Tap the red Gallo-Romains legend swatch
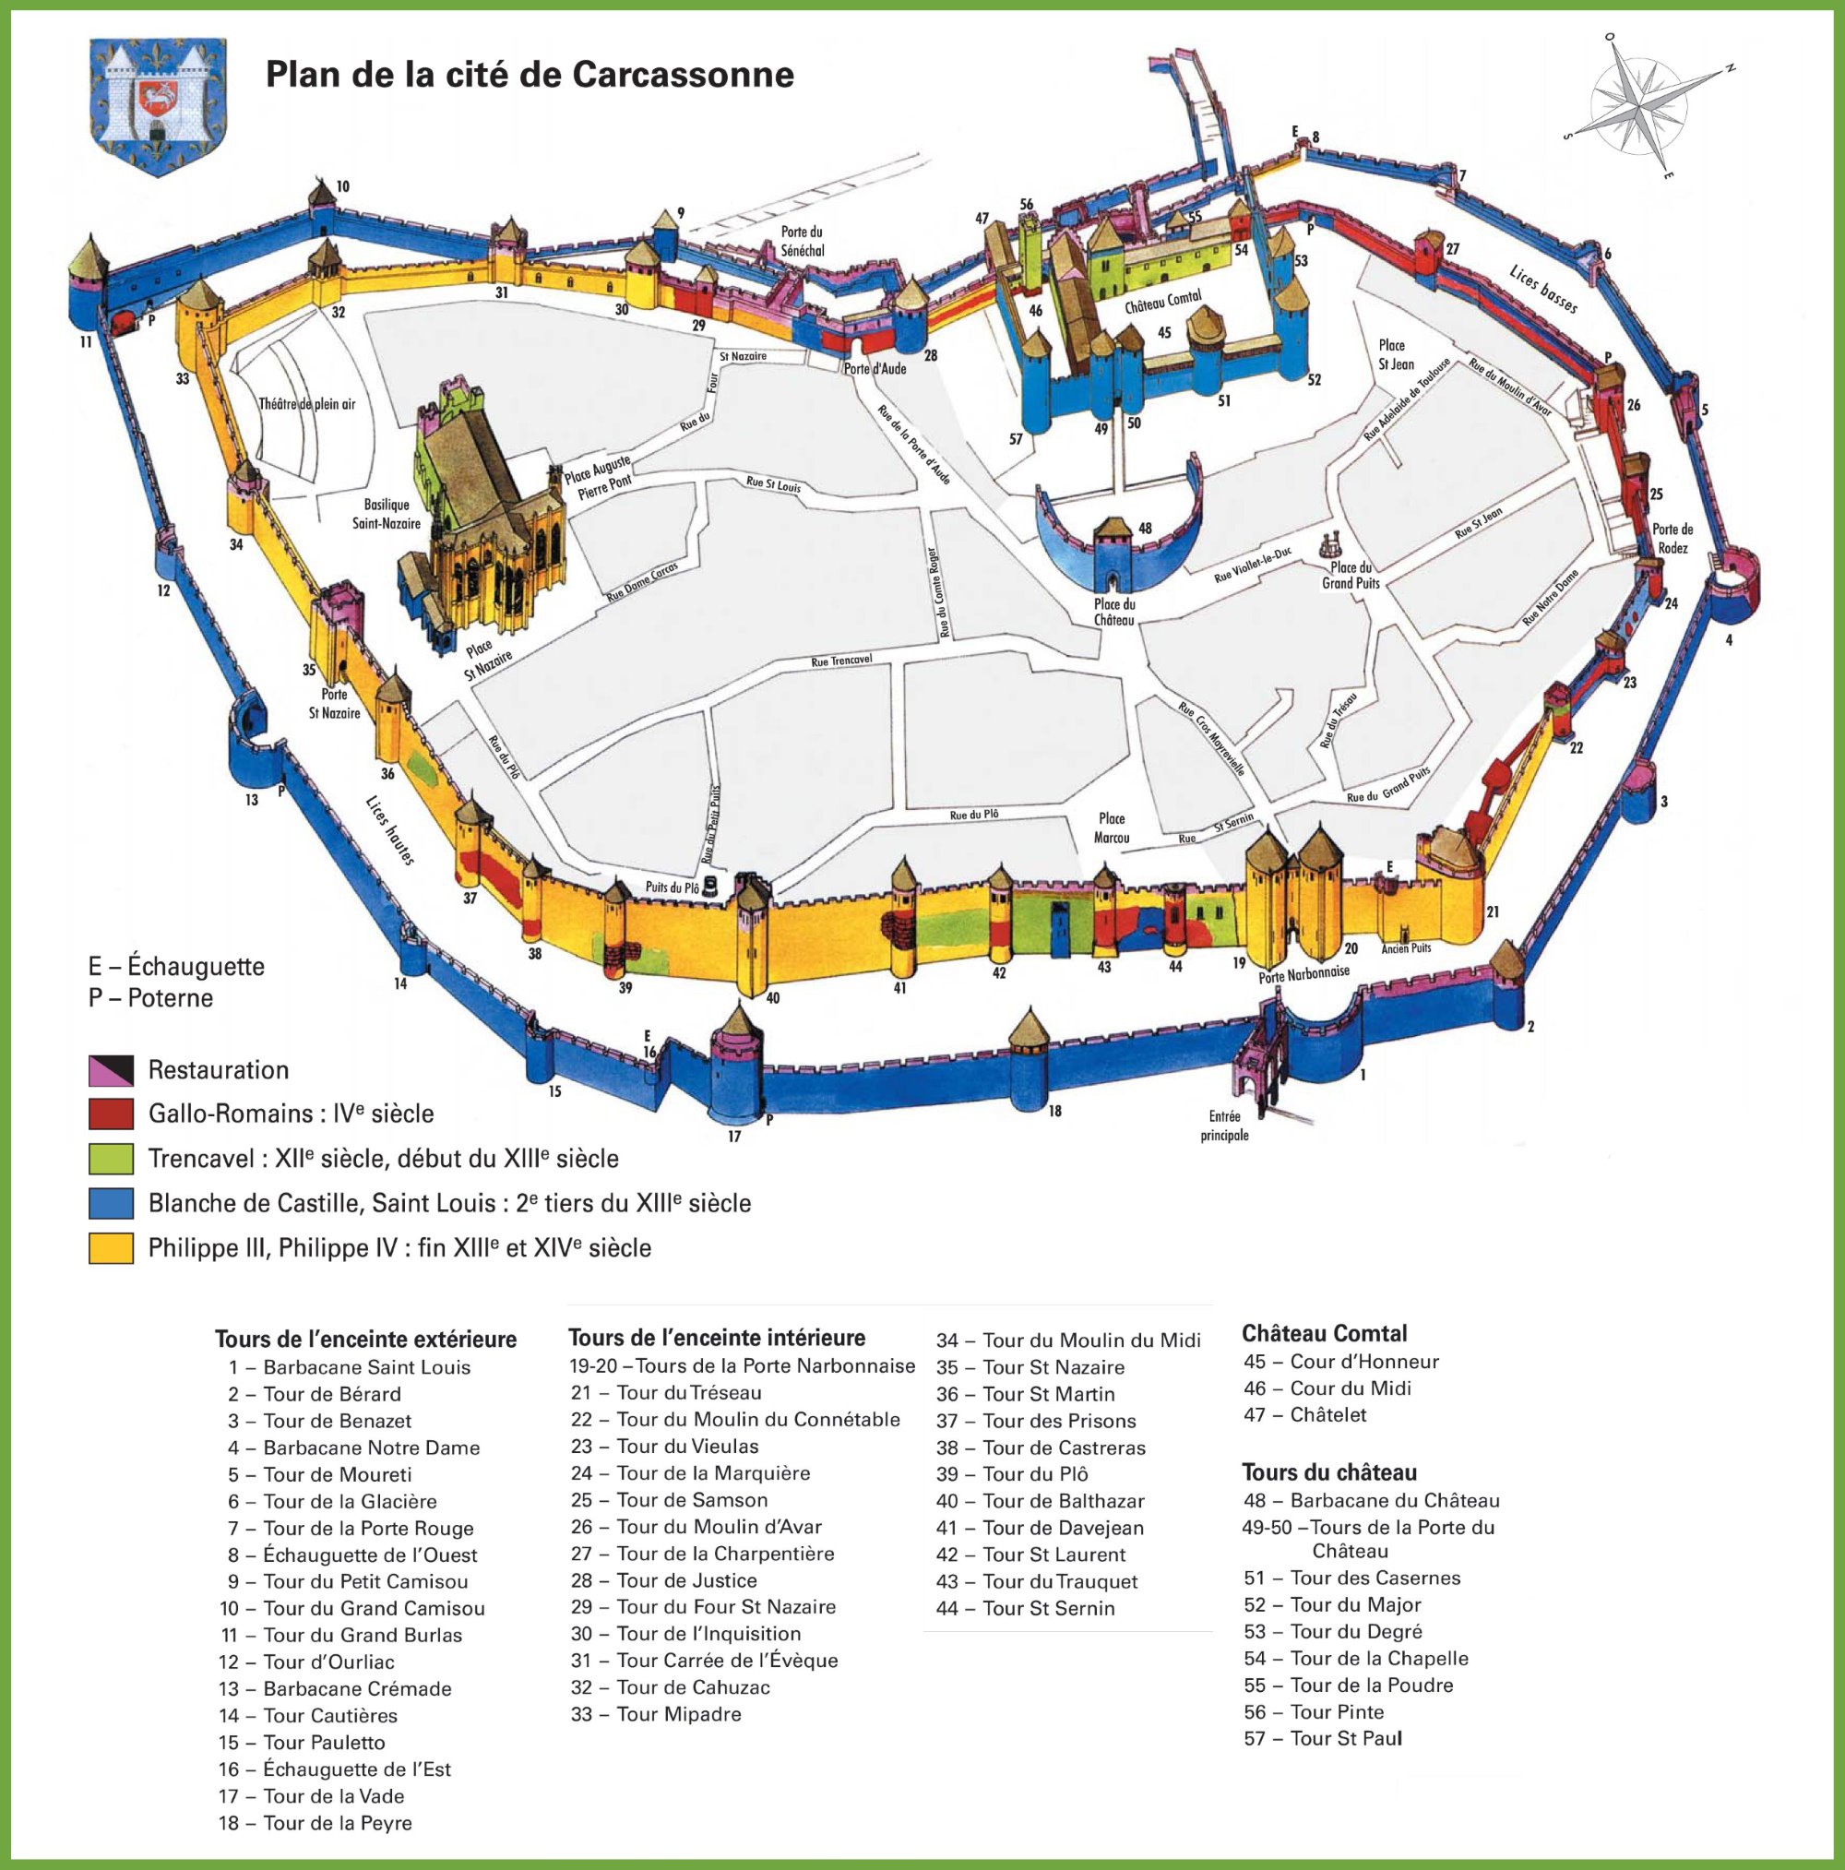tap(111, 1114)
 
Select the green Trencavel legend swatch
tap(111, 1159)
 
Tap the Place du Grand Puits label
tap(1351, 576)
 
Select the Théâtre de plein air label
tap(307, 404)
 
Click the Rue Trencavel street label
tap(841, 661)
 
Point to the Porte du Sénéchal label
tap(803, 241)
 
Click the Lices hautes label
tap(390, 830)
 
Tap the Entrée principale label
tap(1224, 1126)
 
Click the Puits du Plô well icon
tap(711, 885)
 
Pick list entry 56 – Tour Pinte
tap(1315, 1711)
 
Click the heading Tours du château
tap(1329, 1472)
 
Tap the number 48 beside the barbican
tap(1145, 529)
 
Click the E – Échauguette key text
tap(176, 966)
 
